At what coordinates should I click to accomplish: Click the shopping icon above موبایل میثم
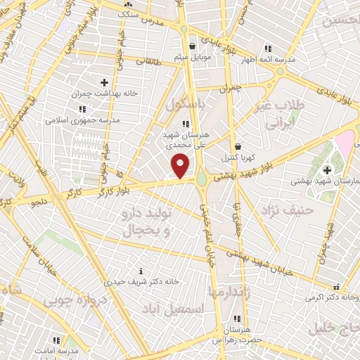click(192, 47)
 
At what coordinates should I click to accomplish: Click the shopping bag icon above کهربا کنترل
click(239, 146)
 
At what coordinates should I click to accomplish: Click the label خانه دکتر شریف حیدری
click(142, 282)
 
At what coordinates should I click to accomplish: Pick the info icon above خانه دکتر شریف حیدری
click(141, 271)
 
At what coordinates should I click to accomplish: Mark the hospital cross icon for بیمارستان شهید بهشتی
click(327, 169)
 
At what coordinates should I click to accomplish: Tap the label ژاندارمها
click(229, 291)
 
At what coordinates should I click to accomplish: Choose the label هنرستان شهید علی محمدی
click(186, 138)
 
